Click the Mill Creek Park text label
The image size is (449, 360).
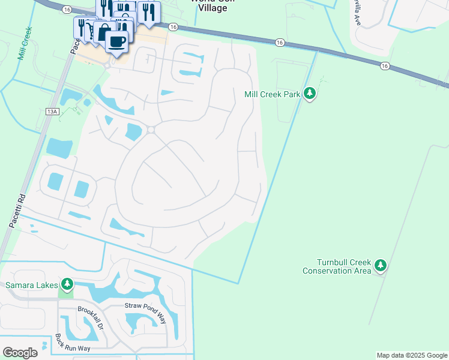point(272,94)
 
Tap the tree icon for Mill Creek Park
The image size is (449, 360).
point(310,93)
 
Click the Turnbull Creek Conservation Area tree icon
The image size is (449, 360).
point(380,265)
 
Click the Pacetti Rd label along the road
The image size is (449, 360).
point(15,210)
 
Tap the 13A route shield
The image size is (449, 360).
point(52,112)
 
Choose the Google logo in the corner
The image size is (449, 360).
point(20,353)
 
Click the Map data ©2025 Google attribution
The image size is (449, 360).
point(412,355)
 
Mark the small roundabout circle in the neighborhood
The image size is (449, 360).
point(151,130)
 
